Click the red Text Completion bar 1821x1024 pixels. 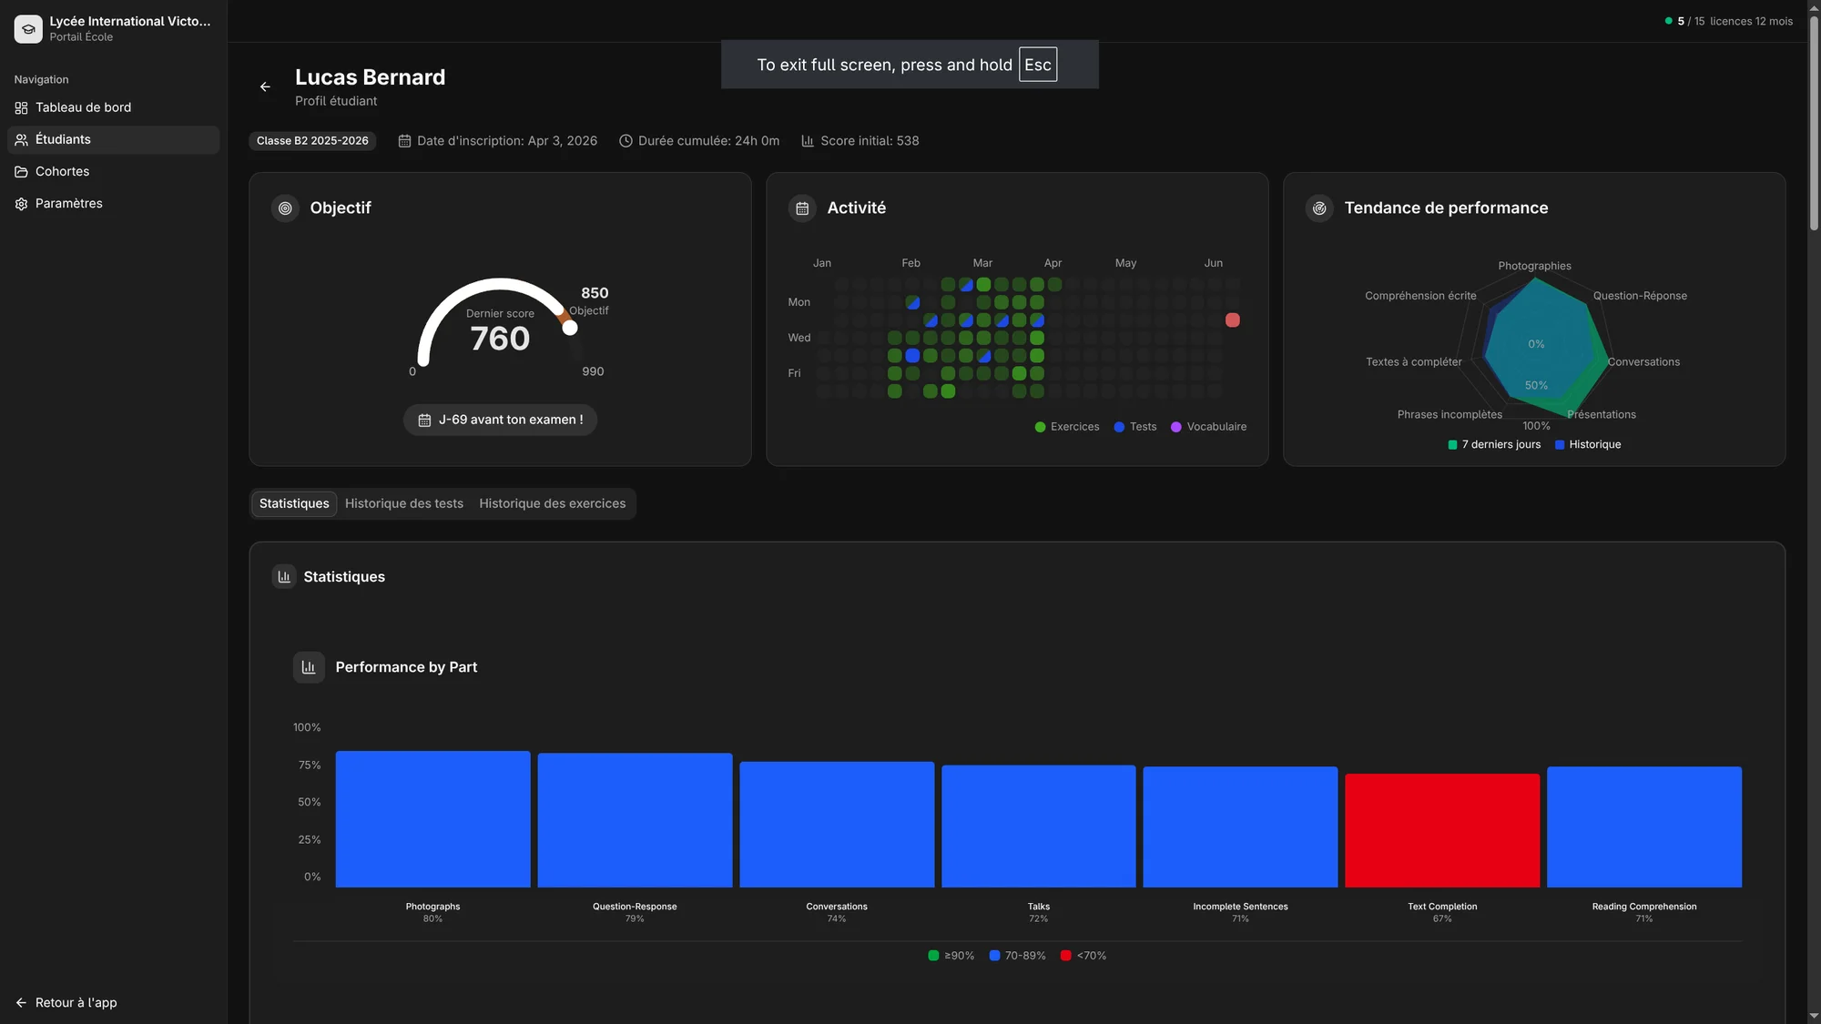pos(1442,830)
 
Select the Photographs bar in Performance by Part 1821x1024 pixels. pos(432,818)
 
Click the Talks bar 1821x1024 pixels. pos(1038,826)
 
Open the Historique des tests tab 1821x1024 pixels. pos(403,503)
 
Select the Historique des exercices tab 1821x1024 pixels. pos(552,503)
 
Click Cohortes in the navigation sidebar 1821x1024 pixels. pos(62,171)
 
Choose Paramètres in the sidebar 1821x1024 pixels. pos(68,203)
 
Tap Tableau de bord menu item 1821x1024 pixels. pos(83,107)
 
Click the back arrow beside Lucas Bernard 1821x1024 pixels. pos(265,86)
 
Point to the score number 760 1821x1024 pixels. pos(500,339)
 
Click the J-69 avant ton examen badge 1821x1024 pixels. pos(500,420)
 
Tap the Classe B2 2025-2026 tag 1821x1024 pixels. pos(312,140)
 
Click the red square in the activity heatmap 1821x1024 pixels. pos(1232,319)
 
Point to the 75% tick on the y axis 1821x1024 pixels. pos(309,765)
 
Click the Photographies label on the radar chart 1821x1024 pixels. pos(1534,266)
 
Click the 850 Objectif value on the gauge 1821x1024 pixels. pos(594,293)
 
